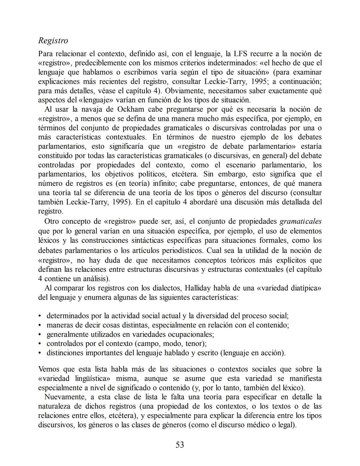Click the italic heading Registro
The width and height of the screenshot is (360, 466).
point(53,41)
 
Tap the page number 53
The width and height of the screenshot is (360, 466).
point(180,445)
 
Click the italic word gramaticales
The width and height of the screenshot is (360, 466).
point(300,221)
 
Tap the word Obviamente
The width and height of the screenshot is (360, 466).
point(184,91)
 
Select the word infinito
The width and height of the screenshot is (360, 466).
point(165,183)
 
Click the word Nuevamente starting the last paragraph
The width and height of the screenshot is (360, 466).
point(62,397)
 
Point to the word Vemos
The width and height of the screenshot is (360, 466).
point(49,369)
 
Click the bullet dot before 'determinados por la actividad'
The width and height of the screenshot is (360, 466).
point(40,316)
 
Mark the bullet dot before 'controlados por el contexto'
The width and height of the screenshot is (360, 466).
point(40,344)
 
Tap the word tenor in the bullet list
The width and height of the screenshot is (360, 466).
point(195,344)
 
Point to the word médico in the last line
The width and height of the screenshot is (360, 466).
point(264,425)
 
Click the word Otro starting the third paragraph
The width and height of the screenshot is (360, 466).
point(52,221)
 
